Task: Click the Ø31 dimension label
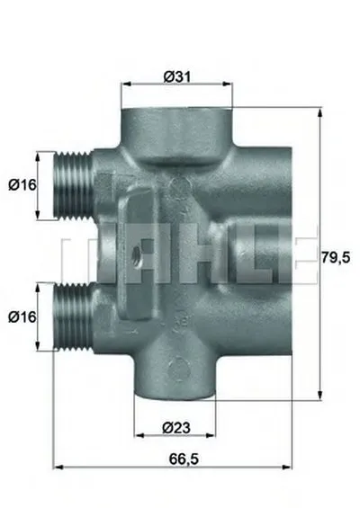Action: [x=177, y=77]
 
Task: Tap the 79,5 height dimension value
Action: [x=336, y=258]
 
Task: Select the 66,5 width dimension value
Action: [x=184, y=459]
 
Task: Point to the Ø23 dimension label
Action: [x=176, y=428]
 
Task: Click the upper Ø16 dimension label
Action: [x=22, y=185]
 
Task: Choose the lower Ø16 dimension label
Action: [x=22, y=316]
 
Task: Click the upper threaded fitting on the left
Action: [x=73, y=185]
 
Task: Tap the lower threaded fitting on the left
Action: [x=73, y=317]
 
